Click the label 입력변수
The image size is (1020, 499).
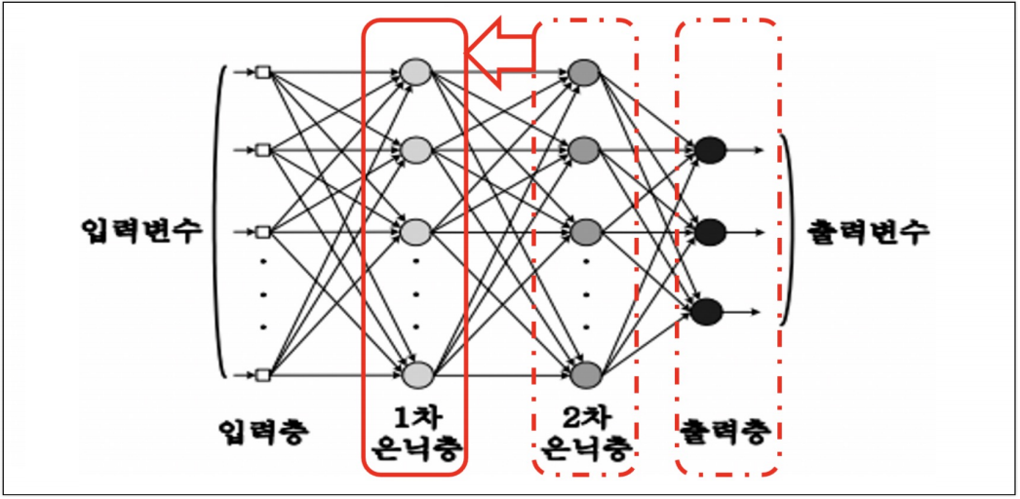tap(142, 232)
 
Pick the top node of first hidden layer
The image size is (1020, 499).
tap(415, 71)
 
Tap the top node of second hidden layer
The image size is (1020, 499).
tap(583, 71)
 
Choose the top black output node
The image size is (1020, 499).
tap(709, 150)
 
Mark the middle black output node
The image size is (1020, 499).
tap(709, 232)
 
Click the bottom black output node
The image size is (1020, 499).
tap(707, 311)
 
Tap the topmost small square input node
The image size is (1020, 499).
tap(261, 71)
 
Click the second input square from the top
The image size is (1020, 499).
tap(261, 150)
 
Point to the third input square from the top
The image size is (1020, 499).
tap(261, 232)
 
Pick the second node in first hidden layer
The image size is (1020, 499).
tap(415, 150)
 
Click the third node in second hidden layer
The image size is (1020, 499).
tap(583, 232)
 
